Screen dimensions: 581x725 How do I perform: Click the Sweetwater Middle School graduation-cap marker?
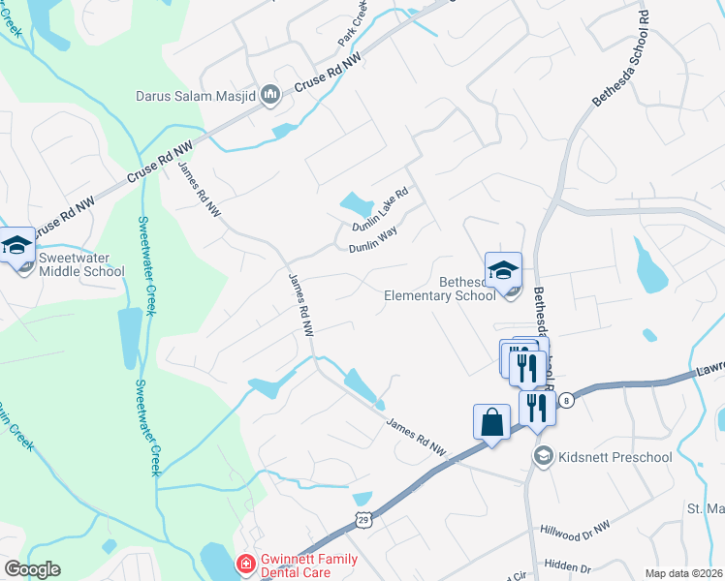pos(16,247)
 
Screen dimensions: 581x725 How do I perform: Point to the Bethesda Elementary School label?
pos(439,289)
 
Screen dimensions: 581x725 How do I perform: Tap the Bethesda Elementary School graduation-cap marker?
pos(503,271)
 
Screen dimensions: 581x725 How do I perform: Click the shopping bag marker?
pos(491,423)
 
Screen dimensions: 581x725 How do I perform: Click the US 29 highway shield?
pos(362,520)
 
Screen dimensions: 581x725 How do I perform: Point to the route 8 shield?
pos(568,399)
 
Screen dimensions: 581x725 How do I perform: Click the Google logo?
pos(32,569)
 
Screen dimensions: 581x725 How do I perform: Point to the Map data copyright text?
pos(683,573)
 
